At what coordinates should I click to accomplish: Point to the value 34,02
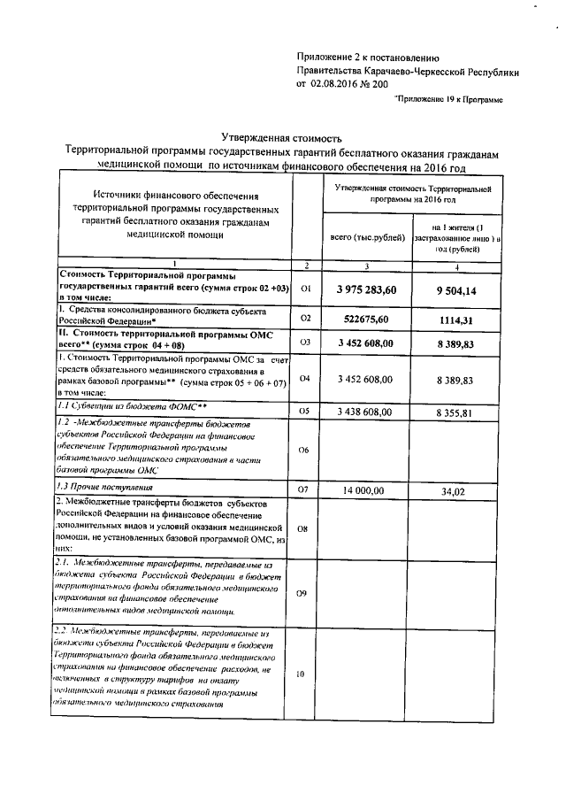[x=455, y=489]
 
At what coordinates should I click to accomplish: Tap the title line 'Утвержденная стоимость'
[x=279, y=138]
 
